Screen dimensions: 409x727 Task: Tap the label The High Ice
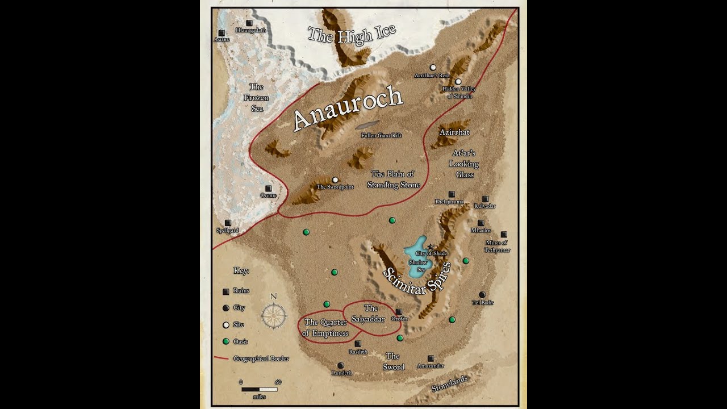(x=351, y=35)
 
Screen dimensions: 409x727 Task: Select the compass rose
(x=274, y=316)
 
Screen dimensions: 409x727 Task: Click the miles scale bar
(x=259, y=389)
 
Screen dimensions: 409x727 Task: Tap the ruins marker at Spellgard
(x=228, y=223)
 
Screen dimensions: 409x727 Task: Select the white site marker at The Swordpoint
(x=335, y=180)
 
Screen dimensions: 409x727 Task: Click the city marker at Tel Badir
(x=482, y=294)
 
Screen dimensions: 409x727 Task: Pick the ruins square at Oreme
(x=268, y=188)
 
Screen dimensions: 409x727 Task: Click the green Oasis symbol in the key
(x=226, y=341)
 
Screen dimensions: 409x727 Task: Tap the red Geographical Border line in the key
(x=222, y=358)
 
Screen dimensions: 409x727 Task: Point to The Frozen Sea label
(x=257, y=97)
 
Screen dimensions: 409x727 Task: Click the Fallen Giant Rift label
(x=381, y=135)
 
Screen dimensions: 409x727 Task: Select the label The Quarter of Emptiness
(x=325, y=328)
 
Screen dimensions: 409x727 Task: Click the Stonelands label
(x=449, y=383)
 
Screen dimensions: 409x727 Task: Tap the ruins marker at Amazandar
(x=431, y=358)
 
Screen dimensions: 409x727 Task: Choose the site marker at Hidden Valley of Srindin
(x=458, y=82)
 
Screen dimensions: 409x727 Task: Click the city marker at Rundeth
(x=340, y=365)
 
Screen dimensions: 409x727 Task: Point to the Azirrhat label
(x=454, y=132)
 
